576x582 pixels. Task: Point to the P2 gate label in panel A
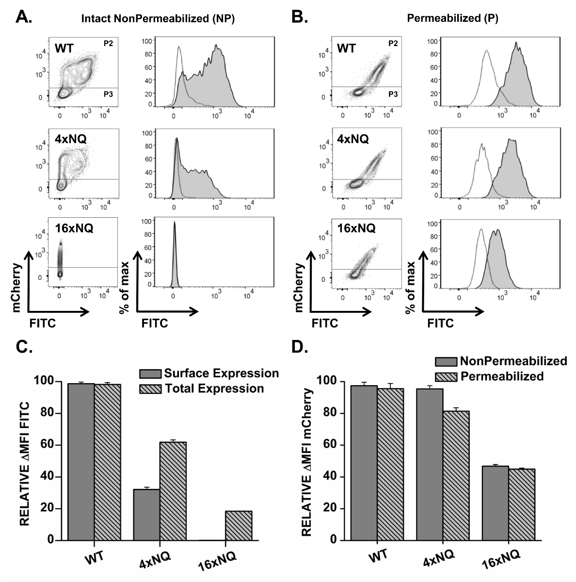(108, 44)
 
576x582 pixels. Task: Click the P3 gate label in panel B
(393, 95)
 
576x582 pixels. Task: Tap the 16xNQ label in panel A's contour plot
(73, 227)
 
